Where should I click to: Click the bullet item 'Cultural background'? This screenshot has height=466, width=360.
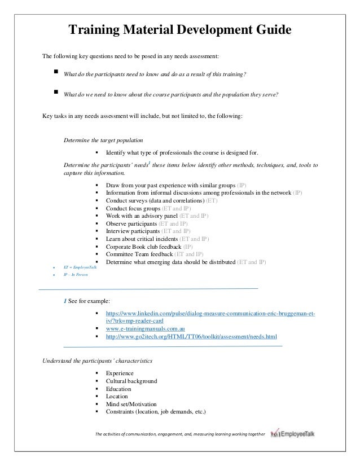[131, 381]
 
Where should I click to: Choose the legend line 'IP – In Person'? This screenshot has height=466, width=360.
[71, 274]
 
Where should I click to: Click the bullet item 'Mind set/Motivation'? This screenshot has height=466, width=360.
[131, 404]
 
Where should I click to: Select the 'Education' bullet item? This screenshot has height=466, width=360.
[118, 389]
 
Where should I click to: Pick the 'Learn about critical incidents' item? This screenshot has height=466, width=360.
[145, 239]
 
